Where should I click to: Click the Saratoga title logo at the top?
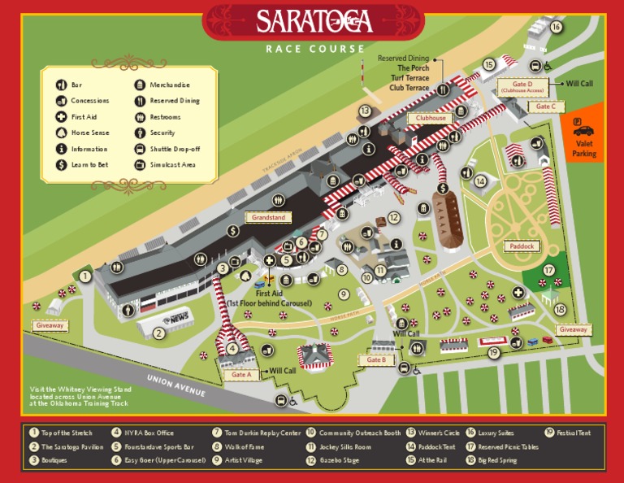[x=314, y=20]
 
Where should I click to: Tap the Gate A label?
[x=241, y=375]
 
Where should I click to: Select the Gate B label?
[x=376, y=359]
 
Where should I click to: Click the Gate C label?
[x=544, y=107]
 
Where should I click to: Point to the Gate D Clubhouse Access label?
[x=522, y=87]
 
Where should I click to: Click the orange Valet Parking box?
[x=583, y=134]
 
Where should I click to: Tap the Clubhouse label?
[x=431, y=118]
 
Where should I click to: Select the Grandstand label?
[x=268, y=218]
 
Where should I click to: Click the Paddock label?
[x=521, y=246]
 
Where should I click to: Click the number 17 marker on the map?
[x=549, y=270]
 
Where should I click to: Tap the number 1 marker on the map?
[x=85, y=276]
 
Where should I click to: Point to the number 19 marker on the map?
[x=493, y=352]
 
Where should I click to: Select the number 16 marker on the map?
[x=556, y=27]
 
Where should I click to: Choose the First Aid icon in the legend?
[x=61, y=117]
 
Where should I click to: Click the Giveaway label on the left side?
[x=50, y=325]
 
